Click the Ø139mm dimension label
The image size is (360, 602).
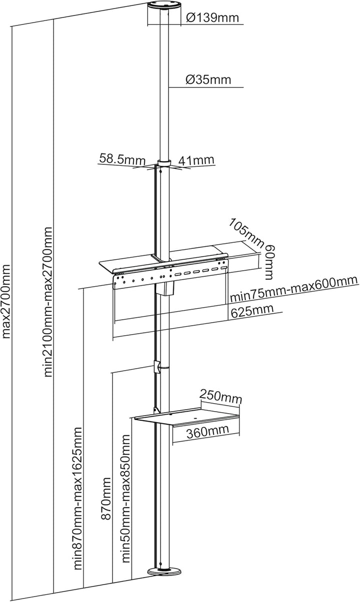212,18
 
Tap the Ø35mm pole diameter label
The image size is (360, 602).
208,79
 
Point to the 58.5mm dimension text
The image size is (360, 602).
122,159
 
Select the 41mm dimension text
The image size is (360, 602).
196,160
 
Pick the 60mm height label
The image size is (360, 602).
269,263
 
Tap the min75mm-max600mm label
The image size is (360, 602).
294,289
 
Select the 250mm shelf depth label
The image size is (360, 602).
220,397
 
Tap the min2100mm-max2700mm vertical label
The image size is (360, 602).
48,302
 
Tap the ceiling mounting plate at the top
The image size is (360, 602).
164,6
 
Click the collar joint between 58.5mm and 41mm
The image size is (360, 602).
164,163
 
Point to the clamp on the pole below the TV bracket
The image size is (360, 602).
157,366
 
